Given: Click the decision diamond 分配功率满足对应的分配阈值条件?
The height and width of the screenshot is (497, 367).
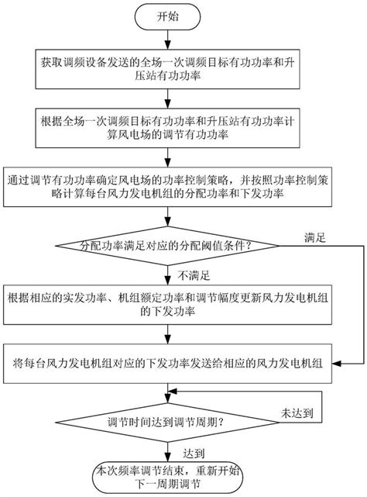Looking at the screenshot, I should (x=166, y=247).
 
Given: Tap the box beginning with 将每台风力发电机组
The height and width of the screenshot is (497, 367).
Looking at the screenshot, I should (x=166, y=363).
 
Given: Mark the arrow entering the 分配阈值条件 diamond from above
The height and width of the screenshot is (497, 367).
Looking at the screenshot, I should (x=166, y=219).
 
